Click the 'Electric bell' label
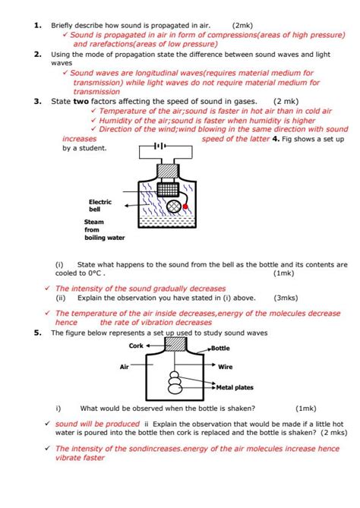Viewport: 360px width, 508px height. pyautogui.click(x=100, y=205)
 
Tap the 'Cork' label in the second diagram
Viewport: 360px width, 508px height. pyautogui.click(x=136, y=346)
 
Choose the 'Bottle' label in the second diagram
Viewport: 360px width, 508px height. pyautogui.click(x=220, y=348)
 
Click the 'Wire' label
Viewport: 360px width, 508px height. pyautogui.click(x=226, y=367)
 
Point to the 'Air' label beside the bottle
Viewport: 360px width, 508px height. pyautogui.click(x=125, y=367)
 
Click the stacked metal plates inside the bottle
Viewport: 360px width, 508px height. pyautogui.click(x=175, y=380)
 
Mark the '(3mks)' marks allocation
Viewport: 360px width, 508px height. pyautogui.click(x=286, y=298)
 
